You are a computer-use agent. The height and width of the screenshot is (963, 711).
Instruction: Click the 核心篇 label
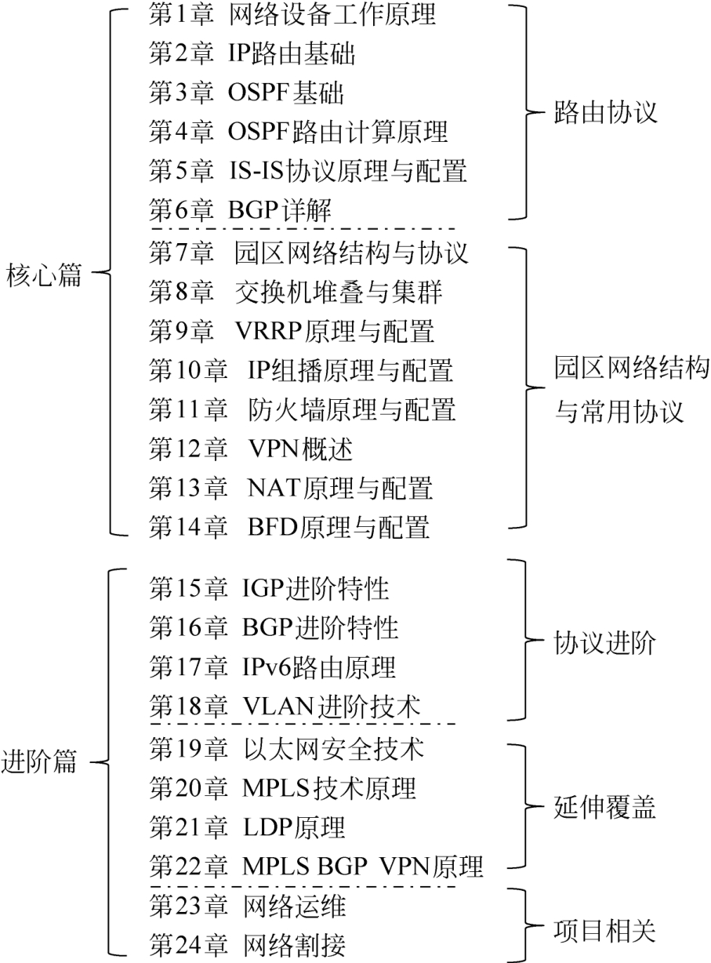click(44, 275)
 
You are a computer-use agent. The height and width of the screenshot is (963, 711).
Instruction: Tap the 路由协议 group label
click(605, 112)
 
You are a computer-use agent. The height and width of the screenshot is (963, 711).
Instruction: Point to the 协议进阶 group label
click(605, 643)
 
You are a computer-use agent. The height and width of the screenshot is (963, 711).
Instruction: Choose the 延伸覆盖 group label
click(605, 807)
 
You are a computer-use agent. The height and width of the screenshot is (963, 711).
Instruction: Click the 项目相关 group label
click(605, 929)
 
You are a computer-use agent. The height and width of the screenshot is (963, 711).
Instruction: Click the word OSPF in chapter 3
click(259, 93)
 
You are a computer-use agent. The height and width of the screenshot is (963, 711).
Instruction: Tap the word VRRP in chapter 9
click(269, 332)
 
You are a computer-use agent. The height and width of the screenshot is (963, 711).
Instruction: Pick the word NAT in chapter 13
click(274, 488)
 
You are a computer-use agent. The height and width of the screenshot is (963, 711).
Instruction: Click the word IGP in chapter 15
click(263, 589)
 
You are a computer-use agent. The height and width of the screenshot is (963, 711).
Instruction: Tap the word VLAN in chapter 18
click(278, 707)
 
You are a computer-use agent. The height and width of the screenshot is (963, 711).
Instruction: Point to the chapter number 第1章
click(182, 14)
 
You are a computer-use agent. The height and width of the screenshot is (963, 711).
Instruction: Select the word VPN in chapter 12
click(274, 449)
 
